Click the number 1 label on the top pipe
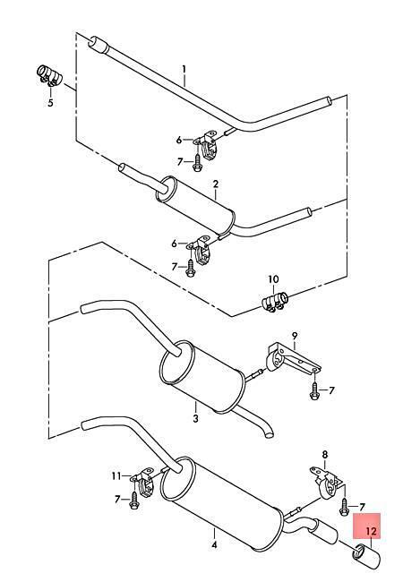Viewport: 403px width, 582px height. [x=184, y=70]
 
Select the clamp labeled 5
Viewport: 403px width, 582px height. [x=49, y=75]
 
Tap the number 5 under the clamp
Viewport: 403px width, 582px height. [x=50, y=102]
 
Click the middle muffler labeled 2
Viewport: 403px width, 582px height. [x=195, y=207]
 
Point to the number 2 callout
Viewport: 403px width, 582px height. [x=216, y=184]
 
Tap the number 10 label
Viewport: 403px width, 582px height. [x=273, y=279]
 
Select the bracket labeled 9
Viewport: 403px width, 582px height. [x=293, y=359]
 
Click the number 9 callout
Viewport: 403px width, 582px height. [x=295, y=337]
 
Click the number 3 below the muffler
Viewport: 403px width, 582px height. [x=195, y=418]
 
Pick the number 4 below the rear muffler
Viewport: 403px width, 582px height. [x=214, y=545]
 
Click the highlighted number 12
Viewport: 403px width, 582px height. [x=371, y=531]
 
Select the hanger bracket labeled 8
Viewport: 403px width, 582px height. [x=326, y=483]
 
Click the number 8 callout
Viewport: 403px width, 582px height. [x=325, y=454]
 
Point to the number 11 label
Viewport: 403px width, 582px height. [x=116, y=475]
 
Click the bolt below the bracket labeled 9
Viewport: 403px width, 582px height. [x=314, y=390]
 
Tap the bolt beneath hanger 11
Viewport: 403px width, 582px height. [x=134, y=501]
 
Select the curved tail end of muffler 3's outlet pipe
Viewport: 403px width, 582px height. [x=268, y=432]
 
